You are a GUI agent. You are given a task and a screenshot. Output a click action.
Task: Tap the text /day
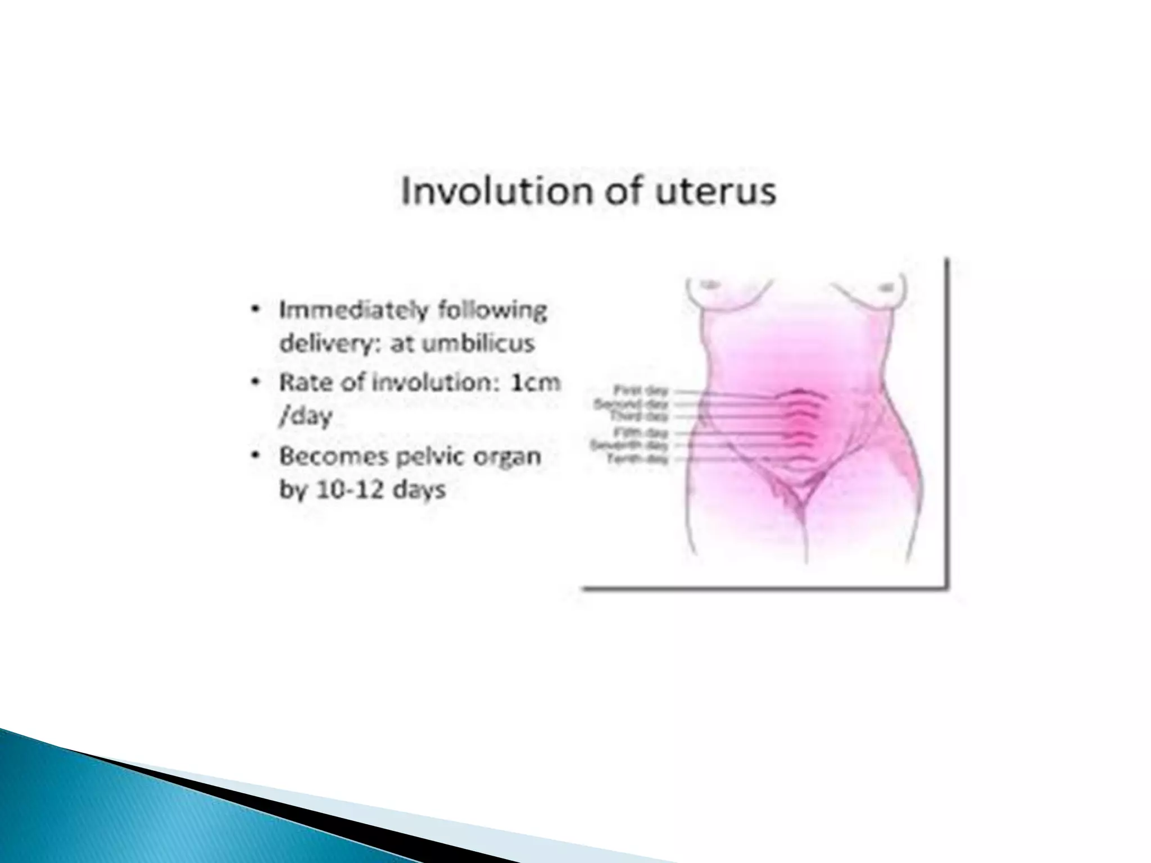coord(306,416)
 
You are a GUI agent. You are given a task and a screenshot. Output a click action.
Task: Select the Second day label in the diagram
coord(631,404)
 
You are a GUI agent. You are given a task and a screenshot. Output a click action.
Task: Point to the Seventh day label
coord(629,446)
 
